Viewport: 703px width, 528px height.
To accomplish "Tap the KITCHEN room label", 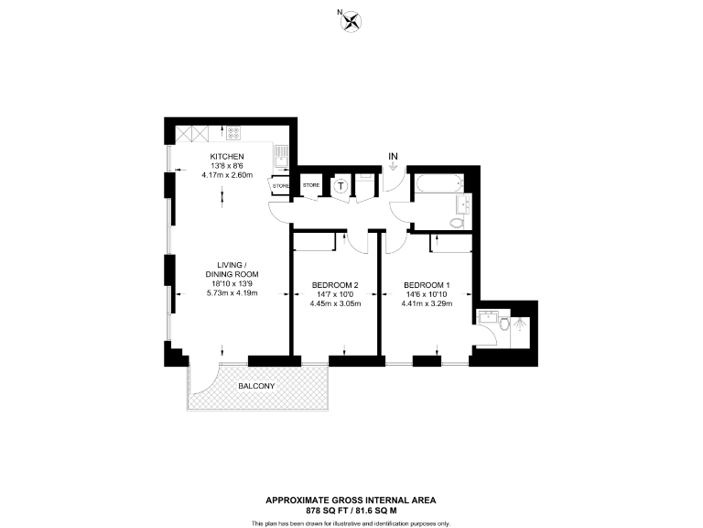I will pos(227,157).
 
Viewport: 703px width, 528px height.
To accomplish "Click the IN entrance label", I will pos(394,157).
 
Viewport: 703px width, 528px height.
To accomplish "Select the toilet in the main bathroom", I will pos(458,221).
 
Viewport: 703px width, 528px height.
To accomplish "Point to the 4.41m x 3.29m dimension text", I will pos(427,303).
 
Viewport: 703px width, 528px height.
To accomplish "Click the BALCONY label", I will pos(256,386).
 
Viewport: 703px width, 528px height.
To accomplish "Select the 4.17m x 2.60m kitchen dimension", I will pos(227,175).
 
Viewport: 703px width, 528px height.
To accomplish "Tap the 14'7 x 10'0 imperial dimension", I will pos(335,294).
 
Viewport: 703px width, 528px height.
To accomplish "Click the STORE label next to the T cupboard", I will pos(311,186).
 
